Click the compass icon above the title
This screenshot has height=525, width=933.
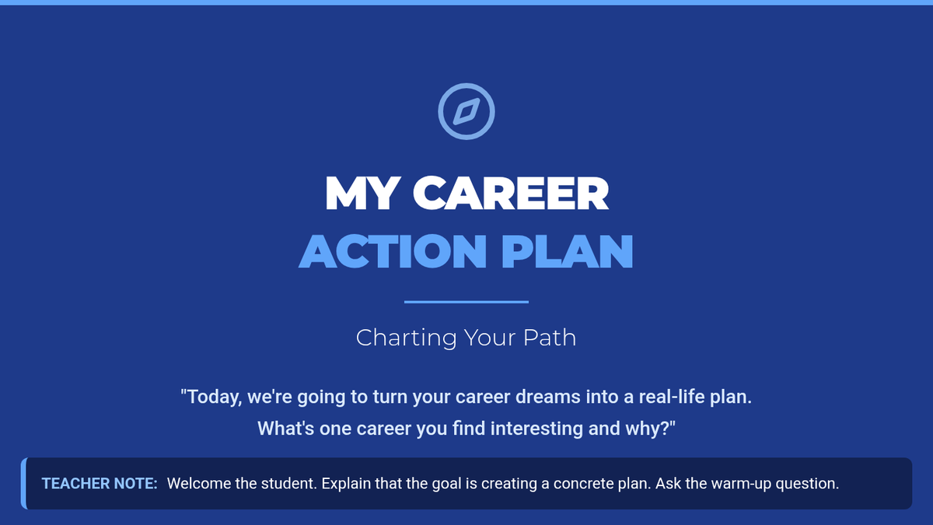point(466,111)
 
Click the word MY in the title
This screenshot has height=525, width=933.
point(361,194)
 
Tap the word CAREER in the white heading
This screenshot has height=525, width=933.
point(511,194)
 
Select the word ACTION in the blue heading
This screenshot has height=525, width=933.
point(393,251)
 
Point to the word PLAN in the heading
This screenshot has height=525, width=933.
point(568,251)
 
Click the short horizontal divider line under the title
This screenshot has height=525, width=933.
point(466,302)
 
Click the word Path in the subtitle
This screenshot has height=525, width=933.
point(550,337)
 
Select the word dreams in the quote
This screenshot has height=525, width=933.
point(547,396)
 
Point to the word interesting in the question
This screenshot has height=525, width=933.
point(536,429)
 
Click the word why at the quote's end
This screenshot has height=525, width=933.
point(646,429)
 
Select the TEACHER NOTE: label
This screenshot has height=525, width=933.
point(100,483)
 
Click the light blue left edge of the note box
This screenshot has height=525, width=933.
point(24,483)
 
